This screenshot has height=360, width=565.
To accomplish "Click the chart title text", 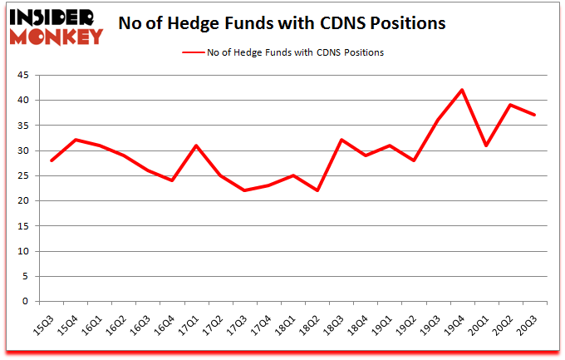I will coord(282,23).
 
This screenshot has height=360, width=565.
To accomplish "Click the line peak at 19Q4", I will coord(462,90).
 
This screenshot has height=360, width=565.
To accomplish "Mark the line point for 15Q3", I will coord(51,160).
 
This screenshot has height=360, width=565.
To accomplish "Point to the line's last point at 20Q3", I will coord(534,115).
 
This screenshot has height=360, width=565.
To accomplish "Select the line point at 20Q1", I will coord(486,145).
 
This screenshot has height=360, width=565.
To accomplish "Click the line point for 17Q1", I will coord(196,145).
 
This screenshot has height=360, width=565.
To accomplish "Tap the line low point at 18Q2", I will coord(317,190).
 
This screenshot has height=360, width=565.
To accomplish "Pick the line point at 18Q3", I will coord(341,140).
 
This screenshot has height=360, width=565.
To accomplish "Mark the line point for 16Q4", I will coord(172,180).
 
